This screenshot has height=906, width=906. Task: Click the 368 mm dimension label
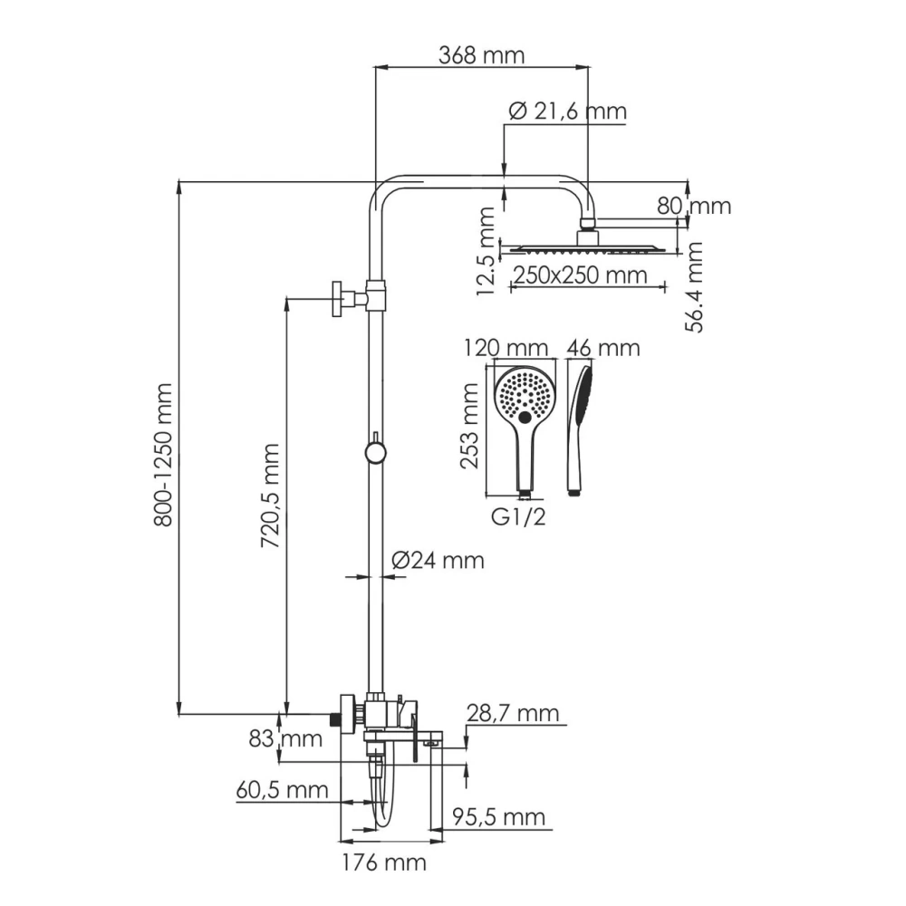tap(481, 55)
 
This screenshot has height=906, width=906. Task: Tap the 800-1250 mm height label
tap(163, 443)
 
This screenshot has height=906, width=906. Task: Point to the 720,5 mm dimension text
tap(269, 495)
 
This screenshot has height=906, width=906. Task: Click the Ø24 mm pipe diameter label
tap(438, 561)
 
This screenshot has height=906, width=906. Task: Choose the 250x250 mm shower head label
tap(579, 275)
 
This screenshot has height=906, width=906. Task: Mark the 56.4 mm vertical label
tap(694, 287)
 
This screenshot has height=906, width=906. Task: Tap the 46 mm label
tap(602, 348)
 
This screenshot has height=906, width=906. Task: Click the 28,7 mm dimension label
tap(513, 714)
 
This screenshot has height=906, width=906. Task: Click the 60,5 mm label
tap(282, 790)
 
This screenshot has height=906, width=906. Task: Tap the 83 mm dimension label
tap(285, 738)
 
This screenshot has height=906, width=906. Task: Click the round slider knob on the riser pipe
tap(374, 452)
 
